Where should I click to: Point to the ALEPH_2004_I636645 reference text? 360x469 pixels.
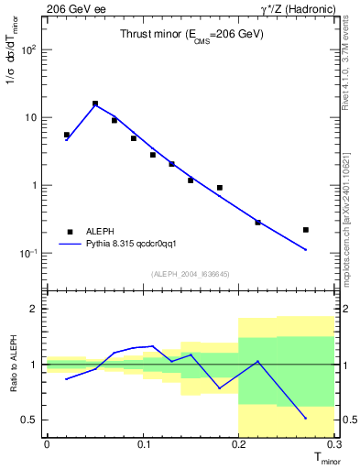point(191,273)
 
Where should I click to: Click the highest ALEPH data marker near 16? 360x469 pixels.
point(95,104)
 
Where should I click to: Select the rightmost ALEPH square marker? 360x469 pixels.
point(306,229)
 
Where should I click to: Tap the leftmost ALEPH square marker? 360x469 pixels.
point(66,135)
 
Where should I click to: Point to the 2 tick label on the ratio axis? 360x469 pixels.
point(34,310)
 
